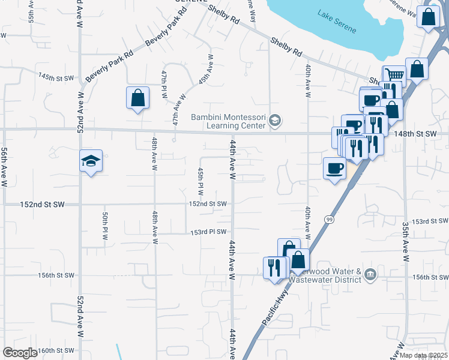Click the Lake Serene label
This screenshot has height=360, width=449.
(x=337, y=29)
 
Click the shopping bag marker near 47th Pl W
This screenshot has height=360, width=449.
(x=137, y=98)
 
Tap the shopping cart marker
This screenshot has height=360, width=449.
(x=394, y=76)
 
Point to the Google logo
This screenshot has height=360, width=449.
(x=20, y=352)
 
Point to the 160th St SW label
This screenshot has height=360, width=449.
(x=55, y=350)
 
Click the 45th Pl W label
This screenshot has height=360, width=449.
(x=200, y=181)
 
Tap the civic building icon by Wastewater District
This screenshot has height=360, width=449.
(x=371, y=275)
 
